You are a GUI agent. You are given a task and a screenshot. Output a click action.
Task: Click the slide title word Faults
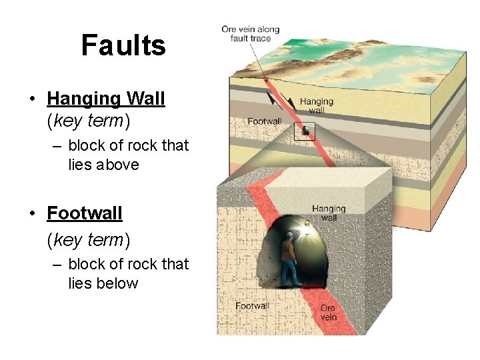(x=123, y=45)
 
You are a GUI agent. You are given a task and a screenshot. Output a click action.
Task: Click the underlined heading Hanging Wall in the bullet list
(x=105, y=99)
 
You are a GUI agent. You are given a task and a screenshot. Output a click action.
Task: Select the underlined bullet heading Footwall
(x=85, y=213)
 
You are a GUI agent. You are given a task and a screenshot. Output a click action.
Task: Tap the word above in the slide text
(x=117, y=165)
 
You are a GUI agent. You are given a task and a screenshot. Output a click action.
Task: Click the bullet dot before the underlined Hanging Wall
(x=31, y=99)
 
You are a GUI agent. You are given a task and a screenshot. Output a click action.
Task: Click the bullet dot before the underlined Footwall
(x=31, y=214)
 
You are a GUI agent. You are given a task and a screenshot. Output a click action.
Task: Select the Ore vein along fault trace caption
(x=250, y=34)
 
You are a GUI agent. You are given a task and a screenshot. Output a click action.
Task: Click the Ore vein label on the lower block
(x=328, y=312)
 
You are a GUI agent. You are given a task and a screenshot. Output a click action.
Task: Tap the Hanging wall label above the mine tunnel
(x=329, y=213)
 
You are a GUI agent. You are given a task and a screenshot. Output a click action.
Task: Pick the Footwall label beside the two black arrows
(x=265, y=121)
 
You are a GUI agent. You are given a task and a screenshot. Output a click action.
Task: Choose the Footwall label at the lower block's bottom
(x=252, y=306)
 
